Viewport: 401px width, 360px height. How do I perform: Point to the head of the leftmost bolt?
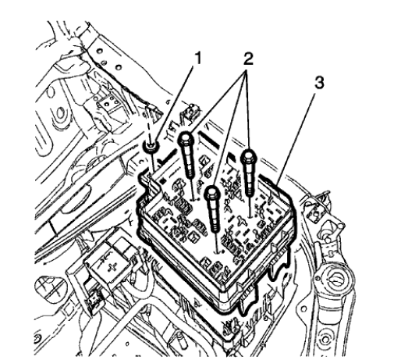coord(186,140)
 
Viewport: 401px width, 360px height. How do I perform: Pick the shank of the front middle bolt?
coord(215,214)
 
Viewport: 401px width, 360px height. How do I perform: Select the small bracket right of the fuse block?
coord(314,208)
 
